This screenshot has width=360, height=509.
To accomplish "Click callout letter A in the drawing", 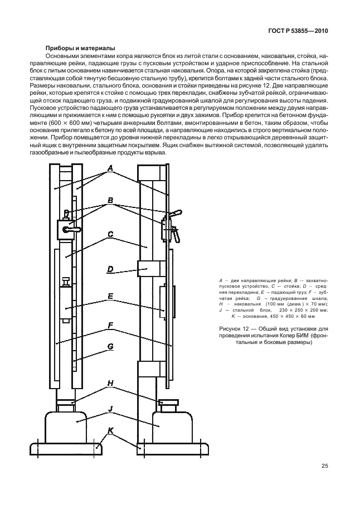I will (110, 168).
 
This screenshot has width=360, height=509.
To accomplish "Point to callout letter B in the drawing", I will (110, 200).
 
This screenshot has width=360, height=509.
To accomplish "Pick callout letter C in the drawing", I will (110, 234).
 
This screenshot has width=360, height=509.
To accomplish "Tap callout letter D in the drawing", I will (110, 269).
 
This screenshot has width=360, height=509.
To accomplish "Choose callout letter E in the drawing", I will (110, 297).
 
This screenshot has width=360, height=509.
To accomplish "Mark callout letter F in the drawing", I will (110, 324).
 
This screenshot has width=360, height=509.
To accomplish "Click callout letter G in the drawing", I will (110, 347).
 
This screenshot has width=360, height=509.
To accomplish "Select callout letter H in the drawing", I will (110, 382).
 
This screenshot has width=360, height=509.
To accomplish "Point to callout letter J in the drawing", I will (110, 409).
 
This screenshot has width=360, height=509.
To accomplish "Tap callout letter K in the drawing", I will (110, 430).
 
